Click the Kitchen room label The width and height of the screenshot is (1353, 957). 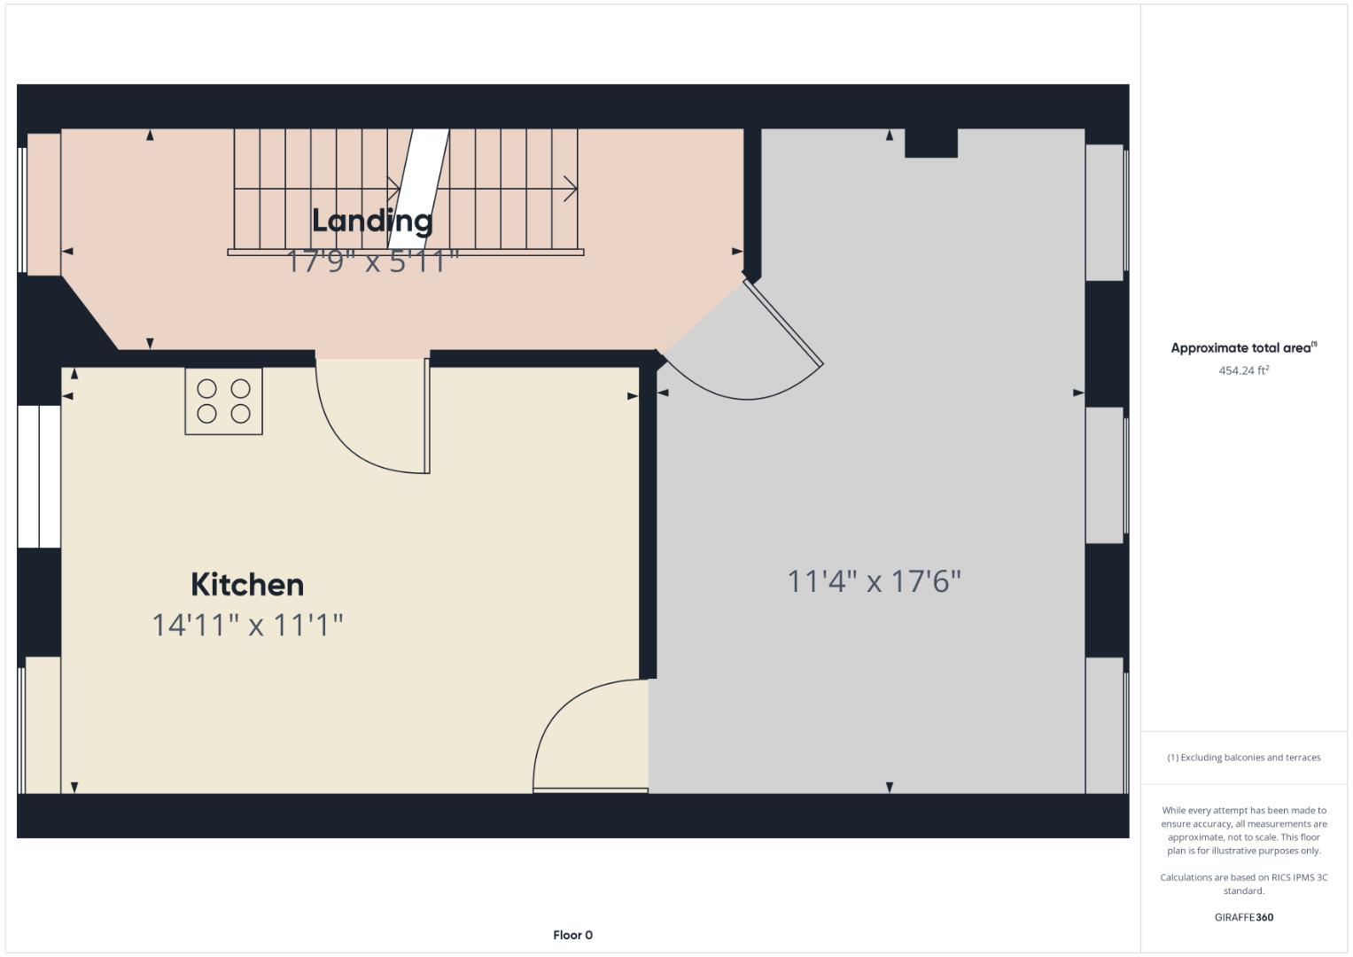247,585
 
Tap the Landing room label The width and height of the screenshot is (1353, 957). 372,221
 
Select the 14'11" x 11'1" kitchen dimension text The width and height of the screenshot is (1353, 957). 247,625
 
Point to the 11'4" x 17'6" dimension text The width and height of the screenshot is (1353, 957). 874,581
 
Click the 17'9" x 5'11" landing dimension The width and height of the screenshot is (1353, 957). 372,262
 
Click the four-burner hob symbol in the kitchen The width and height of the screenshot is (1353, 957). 223,401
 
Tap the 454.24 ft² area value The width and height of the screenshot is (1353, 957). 1243,370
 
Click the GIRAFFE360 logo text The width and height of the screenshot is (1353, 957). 1243,917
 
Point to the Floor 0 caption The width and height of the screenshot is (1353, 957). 572,935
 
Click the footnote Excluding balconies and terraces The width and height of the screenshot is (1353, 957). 1243,758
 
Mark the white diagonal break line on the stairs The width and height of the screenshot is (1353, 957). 418,188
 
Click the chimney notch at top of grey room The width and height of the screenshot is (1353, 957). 930,143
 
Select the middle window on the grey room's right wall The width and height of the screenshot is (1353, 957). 1105,475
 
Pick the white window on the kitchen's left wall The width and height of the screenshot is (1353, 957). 39,477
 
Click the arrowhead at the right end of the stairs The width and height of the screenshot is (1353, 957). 572,189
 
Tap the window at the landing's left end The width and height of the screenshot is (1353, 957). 42,204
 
